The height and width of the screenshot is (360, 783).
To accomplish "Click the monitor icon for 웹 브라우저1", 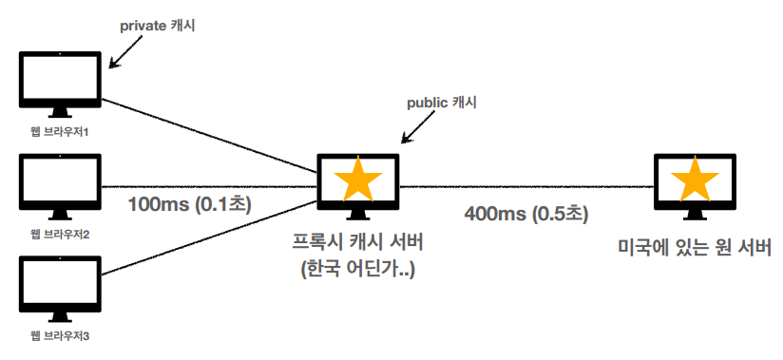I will pyautogui.click(x=60, y=83).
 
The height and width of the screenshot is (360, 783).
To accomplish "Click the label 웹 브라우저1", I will pyautogui.click(x=60, y=132).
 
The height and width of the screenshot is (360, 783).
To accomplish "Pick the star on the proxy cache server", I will pyautogui.click(x=359, y=180).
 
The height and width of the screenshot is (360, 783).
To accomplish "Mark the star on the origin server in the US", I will pyautogui.click(x=696, y=180).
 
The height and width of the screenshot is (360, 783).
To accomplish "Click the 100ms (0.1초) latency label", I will pyautogui.click(x=190, y=204).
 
